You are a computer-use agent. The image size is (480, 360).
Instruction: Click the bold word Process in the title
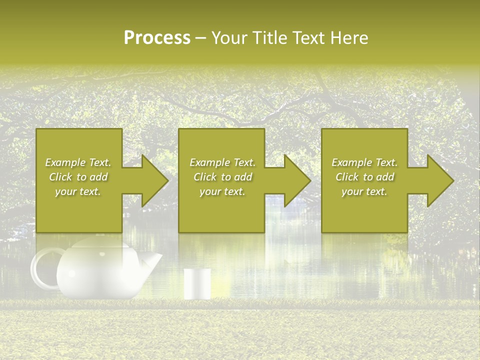157,38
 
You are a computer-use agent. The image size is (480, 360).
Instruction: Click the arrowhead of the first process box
153,180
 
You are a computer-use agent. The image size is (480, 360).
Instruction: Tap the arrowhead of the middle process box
295,180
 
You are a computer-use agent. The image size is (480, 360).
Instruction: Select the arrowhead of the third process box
438,180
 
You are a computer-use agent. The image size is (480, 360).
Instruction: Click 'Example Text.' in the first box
78,162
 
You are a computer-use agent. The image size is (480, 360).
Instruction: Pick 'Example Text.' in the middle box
222,162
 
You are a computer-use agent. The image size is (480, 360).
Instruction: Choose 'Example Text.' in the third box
364,162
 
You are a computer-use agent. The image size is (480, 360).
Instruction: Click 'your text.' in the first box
78,191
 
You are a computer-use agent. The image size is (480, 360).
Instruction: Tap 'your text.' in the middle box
222,191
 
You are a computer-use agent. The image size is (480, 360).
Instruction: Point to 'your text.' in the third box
364,191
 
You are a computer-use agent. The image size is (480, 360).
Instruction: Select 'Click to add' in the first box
78,177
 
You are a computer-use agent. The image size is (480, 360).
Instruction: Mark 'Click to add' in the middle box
222,177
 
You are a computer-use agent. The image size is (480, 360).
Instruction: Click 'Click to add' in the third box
364,177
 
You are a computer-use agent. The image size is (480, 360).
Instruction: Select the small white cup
197,284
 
